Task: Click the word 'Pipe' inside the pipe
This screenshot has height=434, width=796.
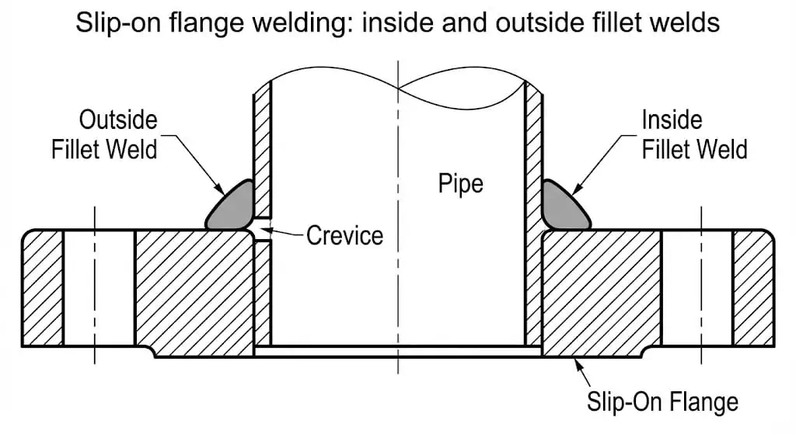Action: pos(460,183)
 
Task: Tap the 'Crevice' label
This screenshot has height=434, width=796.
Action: pos(344,234)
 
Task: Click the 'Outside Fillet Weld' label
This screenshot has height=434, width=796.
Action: pos(104,134)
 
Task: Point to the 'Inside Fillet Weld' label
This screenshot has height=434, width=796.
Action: pos(694,134)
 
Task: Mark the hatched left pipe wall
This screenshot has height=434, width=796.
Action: pos(263,148)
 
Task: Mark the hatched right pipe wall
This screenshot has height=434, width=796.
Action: pos(533,148)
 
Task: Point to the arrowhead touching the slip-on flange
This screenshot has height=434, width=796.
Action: pos(576,361)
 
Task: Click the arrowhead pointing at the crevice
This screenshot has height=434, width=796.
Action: pos(263,229)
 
